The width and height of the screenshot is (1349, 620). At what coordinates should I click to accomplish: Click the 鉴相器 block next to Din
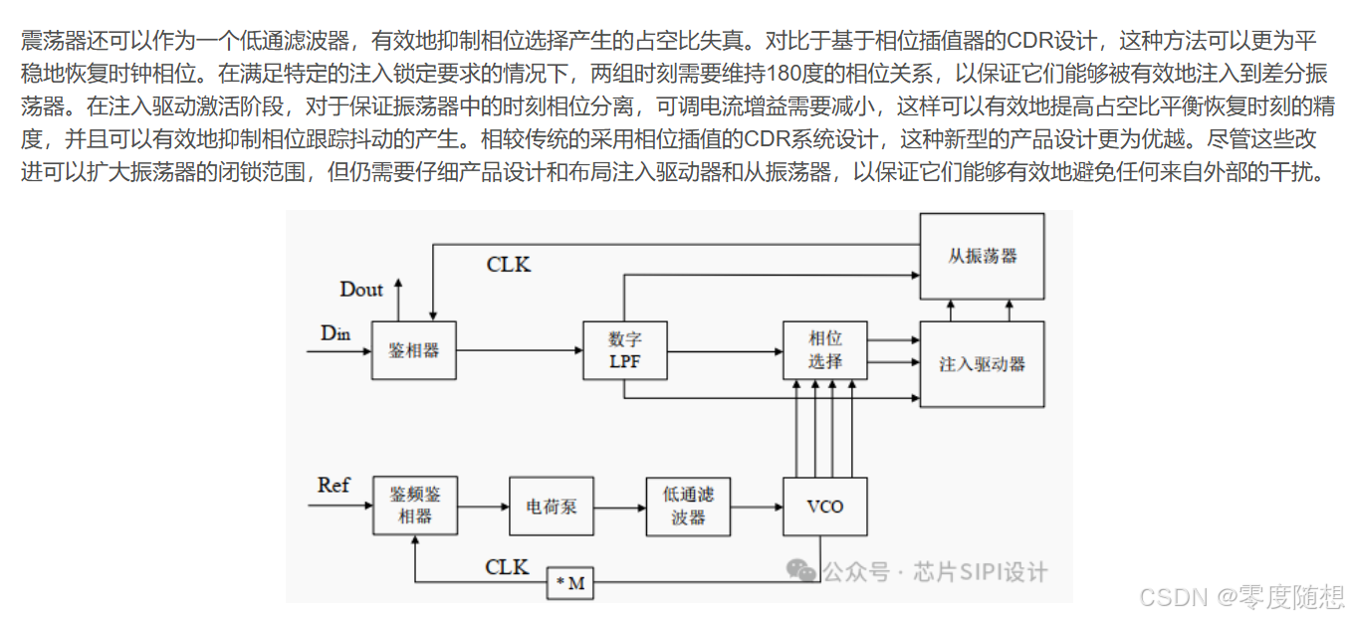click(414, 350)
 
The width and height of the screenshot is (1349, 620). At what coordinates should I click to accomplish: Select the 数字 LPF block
click(624, 350)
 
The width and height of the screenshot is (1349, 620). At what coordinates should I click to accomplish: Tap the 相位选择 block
click(824, 350)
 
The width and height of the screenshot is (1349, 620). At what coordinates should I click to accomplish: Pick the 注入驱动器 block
click(982, 363)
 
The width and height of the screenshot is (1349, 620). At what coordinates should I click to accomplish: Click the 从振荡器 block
click(982, 256)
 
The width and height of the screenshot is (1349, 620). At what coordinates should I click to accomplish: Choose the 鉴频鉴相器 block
click(415, 506)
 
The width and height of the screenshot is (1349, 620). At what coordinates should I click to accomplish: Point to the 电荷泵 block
click(551, 507)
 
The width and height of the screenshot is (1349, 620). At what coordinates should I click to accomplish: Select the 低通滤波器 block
click(688, 507)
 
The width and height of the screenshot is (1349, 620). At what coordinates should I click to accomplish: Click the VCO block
click(824, 507)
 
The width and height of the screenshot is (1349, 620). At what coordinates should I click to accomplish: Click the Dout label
click(361, 290)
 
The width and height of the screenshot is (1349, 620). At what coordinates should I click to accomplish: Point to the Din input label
click(336, 333)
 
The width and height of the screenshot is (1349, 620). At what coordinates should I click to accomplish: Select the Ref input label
click(334, 486)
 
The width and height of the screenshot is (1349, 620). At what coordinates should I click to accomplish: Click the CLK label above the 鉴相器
click(508, 265)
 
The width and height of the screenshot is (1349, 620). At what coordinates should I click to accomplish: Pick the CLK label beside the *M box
click(507, 567)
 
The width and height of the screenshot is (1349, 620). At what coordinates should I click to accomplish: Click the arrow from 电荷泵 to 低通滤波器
click(619, 508)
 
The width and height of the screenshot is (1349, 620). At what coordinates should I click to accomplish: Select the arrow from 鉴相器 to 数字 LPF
click(519, 350)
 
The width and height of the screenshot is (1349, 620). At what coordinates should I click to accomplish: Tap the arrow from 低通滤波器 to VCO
click(757, 508)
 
